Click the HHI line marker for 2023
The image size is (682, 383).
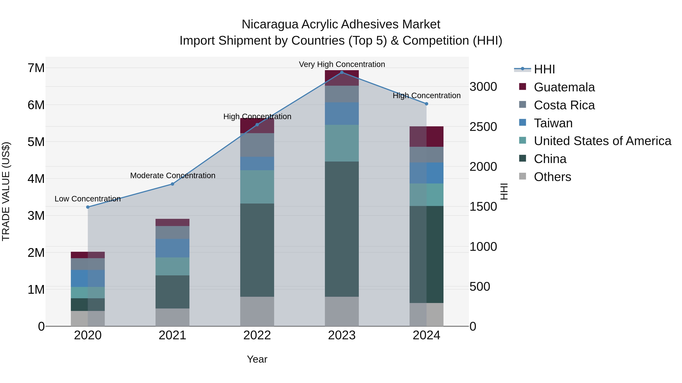342,72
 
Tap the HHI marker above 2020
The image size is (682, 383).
88,207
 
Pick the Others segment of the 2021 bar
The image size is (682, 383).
172,317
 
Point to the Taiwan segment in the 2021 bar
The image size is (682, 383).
172,248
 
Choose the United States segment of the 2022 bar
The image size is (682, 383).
257,187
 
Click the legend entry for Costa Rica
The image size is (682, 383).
564,105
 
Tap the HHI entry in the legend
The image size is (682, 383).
544,69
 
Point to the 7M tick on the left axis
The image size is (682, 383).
36,68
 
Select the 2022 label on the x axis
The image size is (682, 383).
257,335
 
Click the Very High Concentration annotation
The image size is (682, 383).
342,64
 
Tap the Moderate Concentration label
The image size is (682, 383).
173,176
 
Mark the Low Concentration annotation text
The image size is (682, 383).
88,199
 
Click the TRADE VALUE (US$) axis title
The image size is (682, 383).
6,191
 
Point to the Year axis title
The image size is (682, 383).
257,359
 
